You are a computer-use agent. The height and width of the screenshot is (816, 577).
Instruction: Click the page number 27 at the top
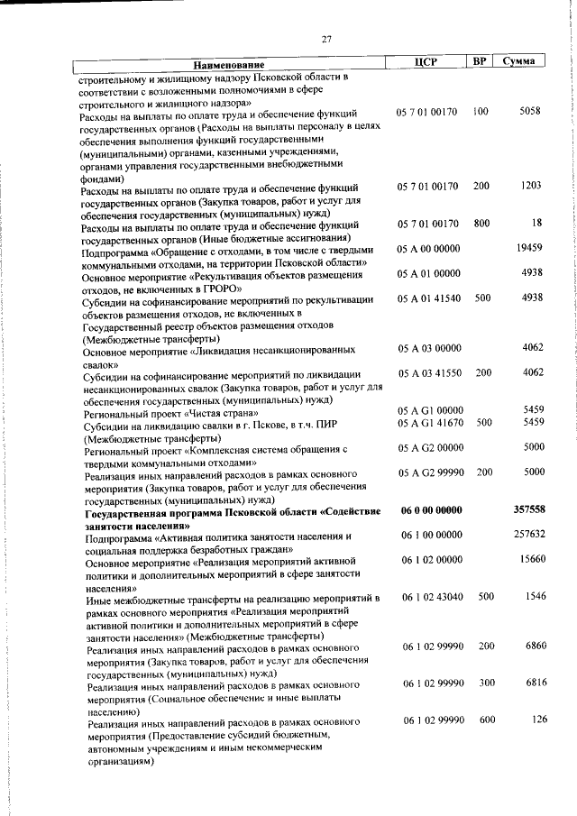coord(326,38)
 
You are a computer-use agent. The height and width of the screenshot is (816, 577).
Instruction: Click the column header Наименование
coord(229,64)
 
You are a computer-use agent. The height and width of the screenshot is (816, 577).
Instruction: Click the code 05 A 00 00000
coord(428,247)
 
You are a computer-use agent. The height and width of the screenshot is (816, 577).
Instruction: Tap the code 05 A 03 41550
coord(429,371)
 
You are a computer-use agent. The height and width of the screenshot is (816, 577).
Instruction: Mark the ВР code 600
coord(487,719)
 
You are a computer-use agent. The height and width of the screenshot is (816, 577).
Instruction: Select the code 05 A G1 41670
coord(429,422)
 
